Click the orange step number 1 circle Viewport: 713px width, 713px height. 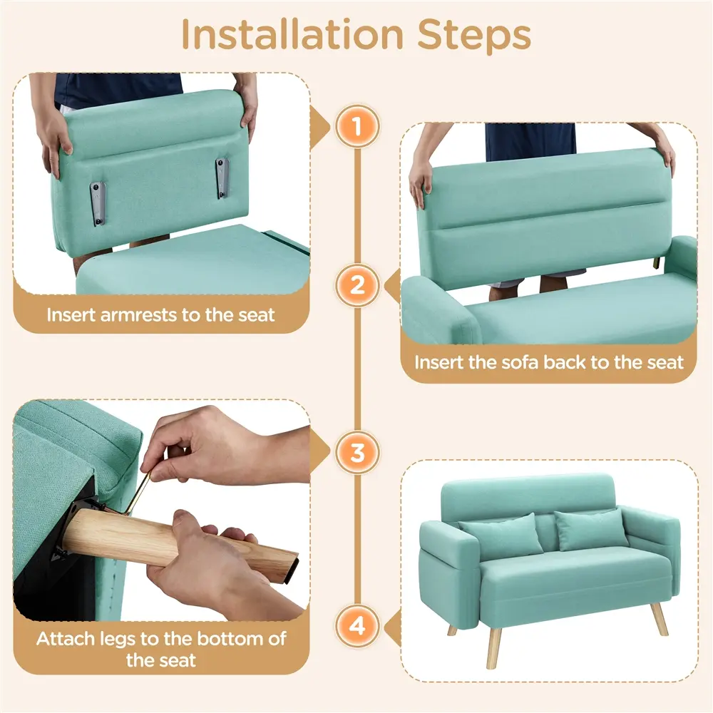pos(357,126)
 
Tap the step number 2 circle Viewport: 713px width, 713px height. pos(357,285)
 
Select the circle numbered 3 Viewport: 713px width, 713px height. pos(357,453)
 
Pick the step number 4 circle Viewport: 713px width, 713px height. pos(357,626)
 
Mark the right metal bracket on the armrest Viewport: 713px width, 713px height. pos(222,178)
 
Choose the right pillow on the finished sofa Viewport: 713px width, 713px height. pos(591,530)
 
